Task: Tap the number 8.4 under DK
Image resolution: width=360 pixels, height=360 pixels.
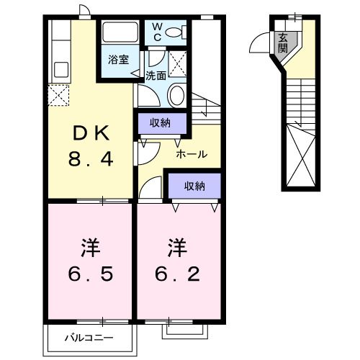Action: [x=90, y=160]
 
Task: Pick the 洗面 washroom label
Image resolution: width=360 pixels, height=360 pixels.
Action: [x=156, y=75]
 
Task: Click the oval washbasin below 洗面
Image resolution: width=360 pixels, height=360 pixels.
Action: [x=176, y=94]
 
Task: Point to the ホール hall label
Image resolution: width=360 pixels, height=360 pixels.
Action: [x=192, y=154]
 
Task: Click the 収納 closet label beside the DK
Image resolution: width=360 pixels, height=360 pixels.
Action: [x=160, y=123]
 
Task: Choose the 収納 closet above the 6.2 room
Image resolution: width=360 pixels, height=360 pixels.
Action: [x=193, y=186]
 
